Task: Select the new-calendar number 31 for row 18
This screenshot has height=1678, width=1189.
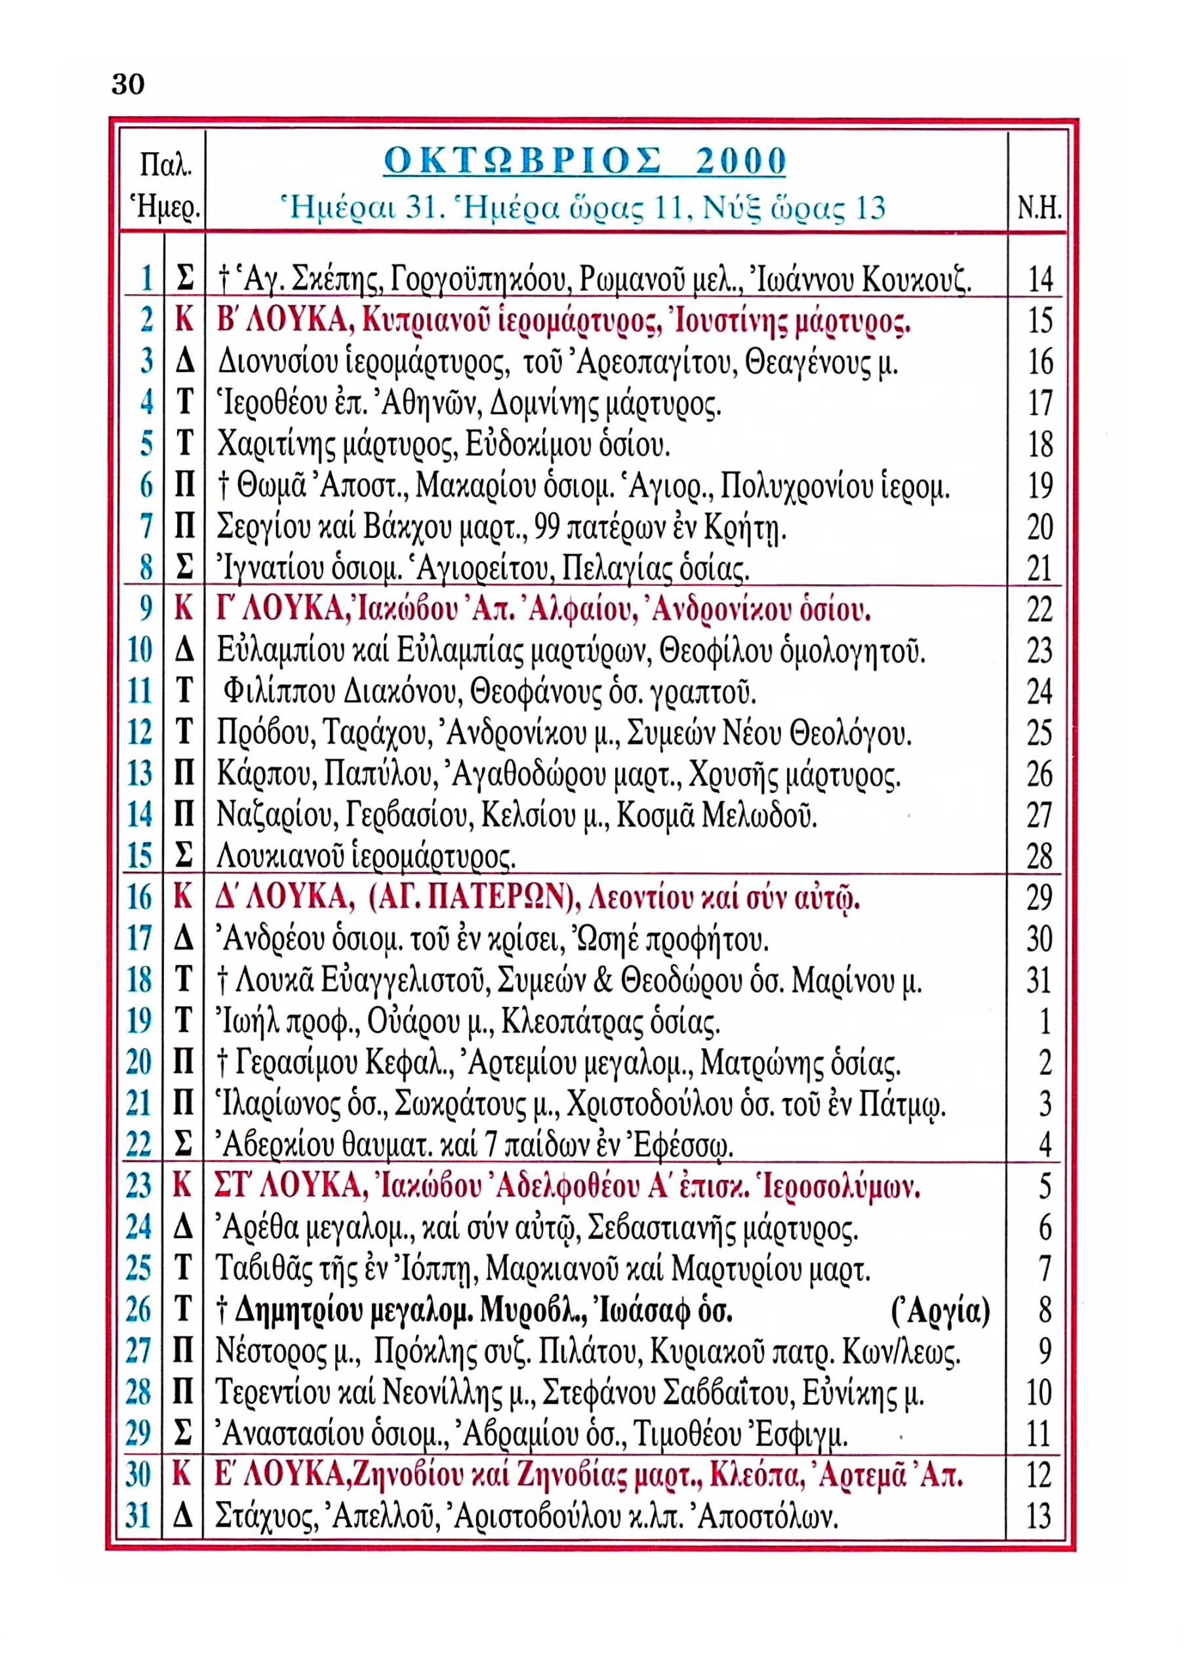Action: [1038, 981]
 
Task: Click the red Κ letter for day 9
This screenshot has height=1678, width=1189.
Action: [184, 609]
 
